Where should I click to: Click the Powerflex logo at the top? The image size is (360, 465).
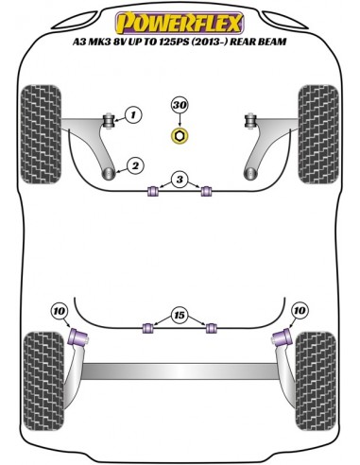pos(180,18)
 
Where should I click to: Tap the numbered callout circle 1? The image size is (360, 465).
pos(133,116)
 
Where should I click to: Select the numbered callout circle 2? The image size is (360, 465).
pos(136,166)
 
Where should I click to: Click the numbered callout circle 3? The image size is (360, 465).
pos(177,180)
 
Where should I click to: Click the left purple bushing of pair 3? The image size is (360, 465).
pos(149,194)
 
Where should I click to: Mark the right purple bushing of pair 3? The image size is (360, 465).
pos(206,194)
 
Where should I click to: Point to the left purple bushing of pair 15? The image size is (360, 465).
pos(147,328)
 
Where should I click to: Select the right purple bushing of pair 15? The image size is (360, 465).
pos(212,328)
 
